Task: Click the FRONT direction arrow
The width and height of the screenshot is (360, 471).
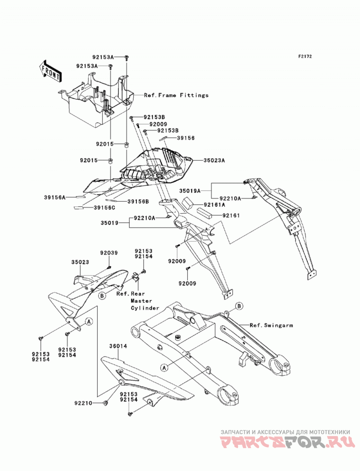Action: [x=50, y=72]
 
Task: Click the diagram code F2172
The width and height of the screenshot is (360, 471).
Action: [x=305, y=56]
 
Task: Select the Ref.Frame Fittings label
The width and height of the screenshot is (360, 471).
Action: [x=176, y=95]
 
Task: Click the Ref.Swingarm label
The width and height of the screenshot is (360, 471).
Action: [x=271, y=325]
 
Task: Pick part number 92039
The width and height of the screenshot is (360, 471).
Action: [x=109, y=253]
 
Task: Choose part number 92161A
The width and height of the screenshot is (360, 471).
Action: [x=215, y=205]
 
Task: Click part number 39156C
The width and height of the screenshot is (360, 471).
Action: [x=104, y=207]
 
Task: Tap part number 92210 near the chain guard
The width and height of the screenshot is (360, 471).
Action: [x=83, y=403]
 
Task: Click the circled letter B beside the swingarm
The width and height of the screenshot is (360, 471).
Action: [x=239, y=306]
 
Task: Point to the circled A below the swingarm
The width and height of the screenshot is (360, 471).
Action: [x=164, y=367]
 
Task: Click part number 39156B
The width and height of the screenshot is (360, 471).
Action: [x=138, y=202]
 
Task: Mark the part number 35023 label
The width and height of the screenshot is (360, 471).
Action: [x=80, y=262]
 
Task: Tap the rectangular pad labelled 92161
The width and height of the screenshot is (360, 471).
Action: [x=204, y=213]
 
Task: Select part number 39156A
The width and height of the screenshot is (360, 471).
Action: [x=55, y=197]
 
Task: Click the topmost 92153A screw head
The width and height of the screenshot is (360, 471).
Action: [x=126, y=57]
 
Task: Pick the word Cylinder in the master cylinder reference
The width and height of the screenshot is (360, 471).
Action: [x=145, y=308]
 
